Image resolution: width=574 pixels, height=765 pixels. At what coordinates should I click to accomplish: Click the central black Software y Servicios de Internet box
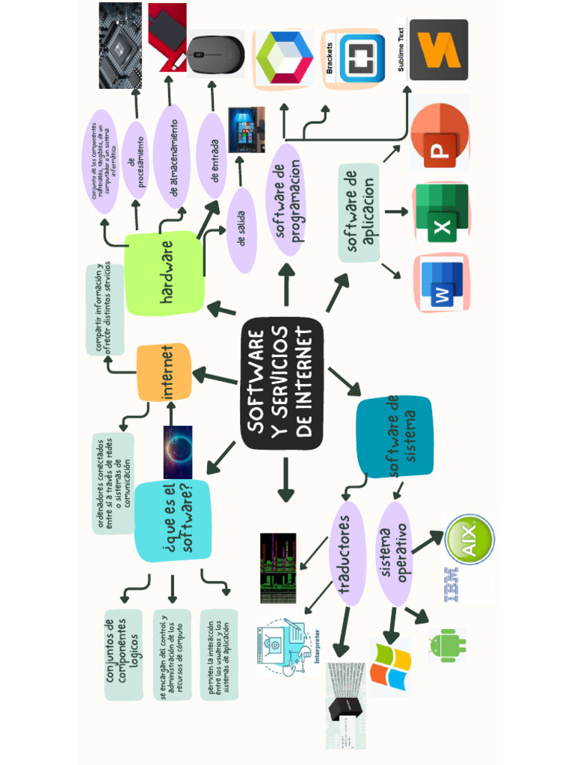coord(283,383)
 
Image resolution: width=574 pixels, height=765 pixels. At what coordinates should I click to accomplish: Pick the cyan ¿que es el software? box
coord(173,520)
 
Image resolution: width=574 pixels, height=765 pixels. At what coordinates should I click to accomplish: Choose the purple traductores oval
coord(347,552)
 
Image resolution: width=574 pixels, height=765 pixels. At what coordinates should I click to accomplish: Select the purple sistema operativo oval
coord(394,553)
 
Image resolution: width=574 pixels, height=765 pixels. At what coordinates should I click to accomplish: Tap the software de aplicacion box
coord(359,213)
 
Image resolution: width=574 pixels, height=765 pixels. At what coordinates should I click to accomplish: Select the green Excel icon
coord(441,214)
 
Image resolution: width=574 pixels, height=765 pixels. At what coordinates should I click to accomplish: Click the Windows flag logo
coord(390,667)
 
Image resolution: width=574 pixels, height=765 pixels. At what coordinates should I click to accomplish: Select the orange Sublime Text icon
coord(439,50)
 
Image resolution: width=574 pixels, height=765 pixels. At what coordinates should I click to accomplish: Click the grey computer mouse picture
coord(215,55)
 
